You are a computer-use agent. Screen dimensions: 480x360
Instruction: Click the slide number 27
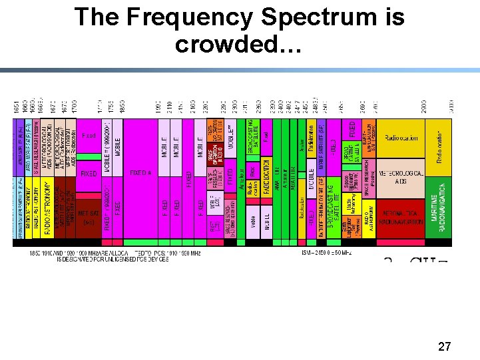(444, 347)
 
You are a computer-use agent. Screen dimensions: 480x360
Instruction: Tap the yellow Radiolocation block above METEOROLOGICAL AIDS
(401, 138)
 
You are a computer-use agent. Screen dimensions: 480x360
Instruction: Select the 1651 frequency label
(16, 106)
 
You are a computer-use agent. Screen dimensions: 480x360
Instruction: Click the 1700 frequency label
(75, 106)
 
